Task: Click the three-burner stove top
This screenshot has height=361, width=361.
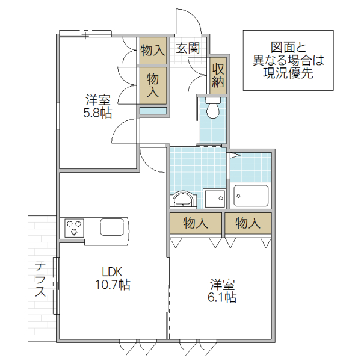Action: (75, 227)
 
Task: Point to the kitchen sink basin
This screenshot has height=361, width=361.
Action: (111, 227)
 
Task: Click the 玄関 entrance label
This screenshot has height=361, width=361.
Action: (188, 49)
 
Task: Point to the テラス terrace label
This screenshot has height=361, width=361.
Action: (40, 279)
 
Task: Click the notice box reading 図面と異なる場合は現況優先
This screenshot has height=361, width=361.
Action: (288, 60)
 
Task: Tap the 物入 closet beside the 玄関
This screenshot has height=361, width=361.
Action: (152, 49)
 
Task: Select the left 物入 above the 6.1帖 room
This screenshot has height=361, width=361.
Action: (196, 223)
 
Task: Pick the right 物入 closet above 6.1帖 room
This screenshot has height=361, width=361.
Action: (248, 223)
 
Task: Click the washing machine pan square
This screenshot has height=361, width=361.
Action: (214, 198)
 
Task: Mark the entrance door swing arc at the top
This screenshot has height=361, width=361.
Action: (190, 23)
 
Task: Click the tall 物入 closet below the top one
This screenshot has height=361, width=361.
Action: (153, 84)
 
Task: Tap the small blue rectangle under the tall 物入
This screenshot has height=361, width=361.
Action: (153, 111)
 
